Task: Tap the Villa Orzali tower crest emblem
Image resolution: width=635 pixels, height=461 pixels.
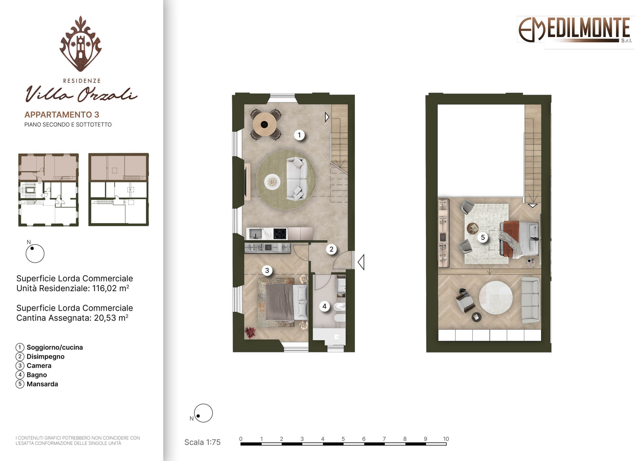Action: pyautogui.click(x=80, y=44)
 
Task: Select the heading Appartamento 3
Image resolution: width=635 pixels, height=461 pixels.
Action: pyautogui.click(x=62, y=115)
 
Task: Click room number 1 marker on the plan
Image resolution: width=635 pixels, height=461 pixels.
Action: pyautogui.click(x=299, y=135)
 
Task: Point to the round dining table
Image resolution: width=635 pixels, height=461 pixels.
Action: pyautogui.click(x=265, y=125)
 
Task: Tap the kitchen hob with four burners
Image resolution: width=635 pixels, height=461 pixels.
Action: pyautogui.click(x=280, y=234)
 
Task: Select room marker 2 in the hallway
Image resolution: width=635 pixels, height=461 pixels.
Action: pyautogui.click(x=331, y=249)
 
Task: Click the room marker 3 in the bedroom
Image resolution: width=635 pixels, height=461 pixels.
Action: pyautogui.click(x=267, y=271)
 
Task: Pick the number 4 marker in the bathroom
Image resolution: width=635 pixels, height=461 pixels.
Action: pyautogui.click(x=324, y=306)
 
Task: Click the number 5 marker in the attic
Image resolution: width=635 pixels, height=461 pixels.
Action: pyautogui.click(x=483, y=237)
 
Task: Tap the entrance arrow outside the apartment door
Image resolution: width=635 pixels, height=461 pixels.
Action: pyautogui.click(x=361, y=262)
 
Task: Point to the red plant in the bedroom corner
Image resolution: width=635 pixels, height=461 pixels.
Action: pyautogui.click(x=250, y=332)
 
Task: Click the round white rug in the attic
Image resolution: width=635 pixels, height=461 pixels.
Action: pyautogui.click(x=496, y=298)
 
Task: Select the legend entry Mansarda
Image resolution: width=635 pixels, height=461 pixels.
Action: pyautogui.click(x=42, y=384)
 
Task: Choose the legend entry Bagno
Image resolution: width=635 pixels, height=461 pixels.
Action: pyautogui.click(x=37, y=375)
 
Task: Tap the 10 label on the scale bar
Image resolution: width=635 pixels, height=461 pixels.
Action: pyautogui.click(x=446, y=439)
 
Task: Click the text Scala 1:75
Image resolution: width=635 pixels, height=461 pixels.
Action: pyautogui.click(x=202, y=442)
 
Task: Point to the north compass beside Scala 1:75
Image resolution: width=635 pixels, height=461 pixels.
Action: pyautogui.click(x=203, y=413)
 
